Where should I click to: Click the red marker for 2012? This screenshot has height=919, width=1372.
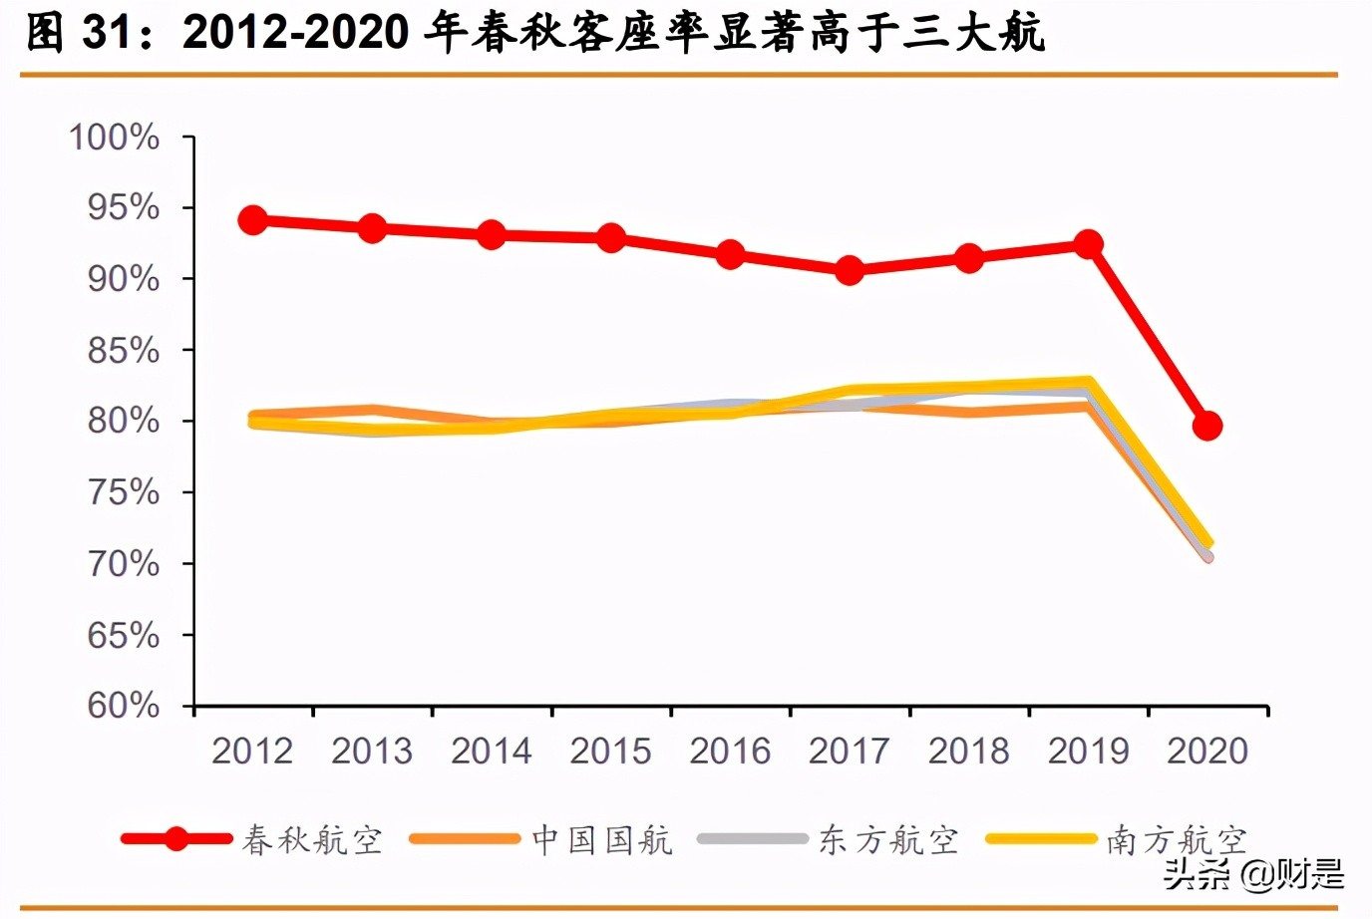pyautogui.click(x=253, y=220)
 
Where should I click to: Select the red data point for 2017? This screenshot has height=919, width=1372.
pyautogui.click(x=850, y=270)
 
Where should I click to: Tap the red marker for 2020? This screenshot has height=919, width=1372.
pyautogui.click(x=1206, y=426)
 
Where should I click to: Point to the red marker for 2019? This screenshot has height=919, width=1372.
pyautogui.click(x=1088, y=244)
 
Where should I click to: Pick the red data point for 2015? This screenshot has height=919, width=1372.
pyautogui.click(x=611, y=238)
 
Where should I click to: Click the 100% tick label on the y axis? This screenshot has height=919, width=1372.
pyautogui.click(x=114, y=138)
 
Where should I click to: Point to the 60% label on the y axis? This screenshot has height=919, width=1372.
pyautogui.click(x=123, y=706)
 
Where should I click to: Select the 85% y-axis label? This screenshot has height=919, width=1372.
pyautogui.click(x=123, y=351)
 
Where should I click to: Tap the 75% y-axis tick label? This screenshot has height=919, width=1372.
pyautogui.click(x=123, y=492)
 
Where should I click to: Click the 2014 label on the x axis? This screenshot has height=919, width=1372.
pyautogui.click(x=492, y=751)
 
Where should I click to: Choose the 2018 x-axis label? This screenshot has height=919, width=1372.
pyautogui.click(x=968, y=751)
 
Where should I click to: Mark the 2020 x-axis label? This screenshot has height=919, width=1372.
pyautogui.click(x=1206, y=751)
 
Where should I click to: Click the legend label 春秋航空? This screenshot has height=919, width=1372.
pyautogui.click(x=312, y=840)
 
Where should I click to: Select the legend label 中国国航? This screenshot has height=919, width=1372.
pyautogui.click(x=602, y=840)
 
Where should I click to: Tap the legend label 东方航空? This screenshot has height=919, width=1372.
pyautogui.click(x=888, y=840)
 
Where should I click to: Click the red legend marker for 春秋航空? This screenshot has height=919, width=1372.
pyautogui.click(x=176, y=839)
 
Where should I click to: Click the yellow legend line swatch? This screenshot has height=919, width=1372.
pyautogui.click(x=1040, y=839)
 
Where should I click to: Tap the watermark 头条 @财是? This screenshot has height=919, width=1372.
pyautogui.click(x=1253, y=875)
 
